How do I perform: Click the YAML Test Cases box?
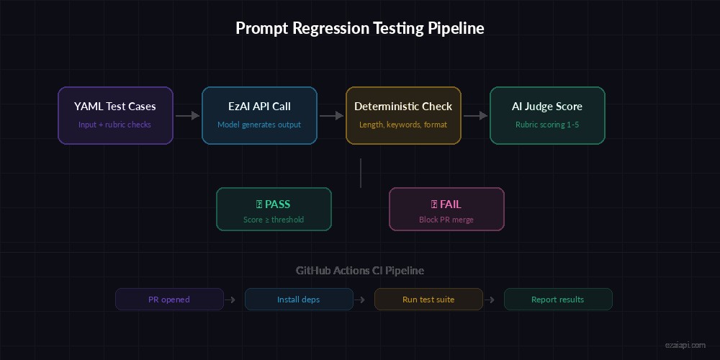115,115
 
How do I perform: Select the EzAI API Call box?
259,115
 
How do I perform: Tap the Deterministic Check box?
403,115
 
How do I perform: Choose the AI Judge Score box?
547,115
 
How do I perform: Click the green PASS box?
274,209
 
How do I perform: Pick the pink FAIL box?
446,209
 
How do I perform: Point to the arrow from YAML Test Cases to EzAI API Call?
187,115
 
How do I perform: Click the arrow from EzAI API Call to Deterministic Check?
331,115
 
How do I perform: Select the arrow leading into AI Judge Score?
475,115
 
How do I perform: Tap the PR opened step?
169,300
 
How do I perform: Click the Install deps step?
299,300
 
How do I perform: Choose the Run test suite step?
428,300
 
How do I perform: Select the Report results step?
558,300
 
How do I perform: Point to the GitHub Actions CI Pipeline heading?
360,271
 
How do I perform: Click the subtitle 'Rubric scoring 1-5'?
547,125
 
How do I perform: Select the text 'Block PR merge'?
446,220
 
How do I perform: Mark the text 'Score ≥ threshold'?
274,220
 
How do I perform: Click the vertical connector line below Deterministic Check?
360,173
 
